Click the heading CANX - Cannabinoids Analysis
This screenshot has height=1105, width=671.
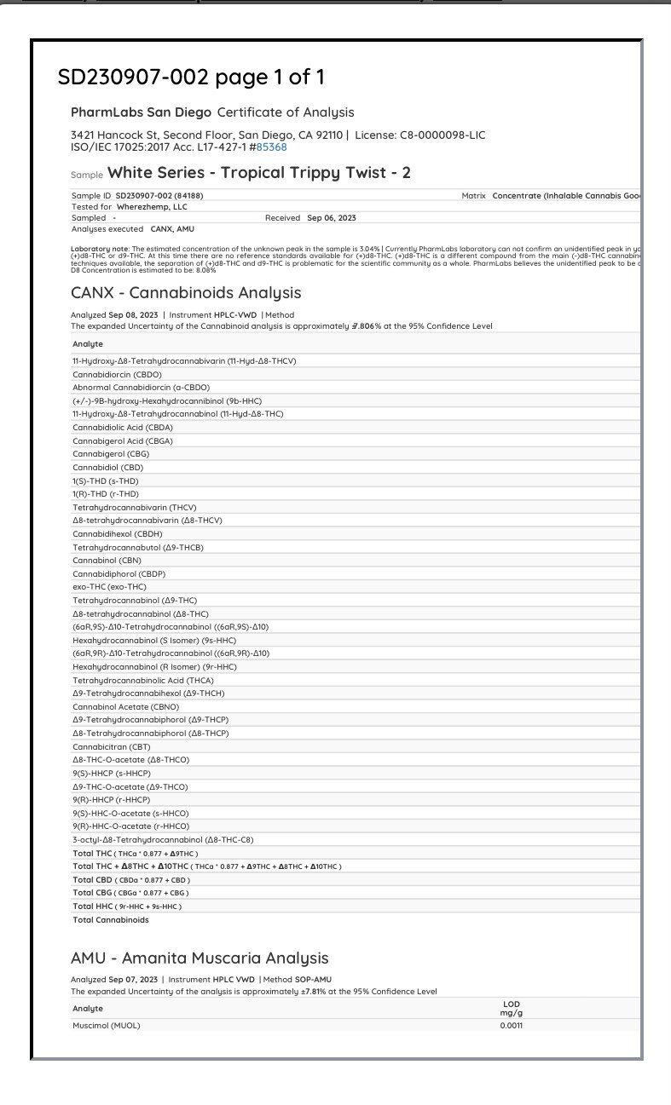(186, 292)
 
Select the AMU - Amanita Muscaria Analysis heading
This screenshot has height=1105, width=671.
(200, 958)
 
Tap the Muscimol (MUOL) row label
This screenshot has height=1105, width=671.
(107, 1025)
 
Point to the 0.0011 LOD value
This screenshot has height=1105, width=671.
(512, 1025)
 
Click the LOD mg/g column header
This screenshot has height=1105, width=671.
(512, 1008)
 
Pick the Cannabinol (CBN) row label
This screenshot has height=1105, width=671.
(107, 561)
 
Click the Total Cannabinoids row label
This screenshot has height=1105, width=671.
(111, 920)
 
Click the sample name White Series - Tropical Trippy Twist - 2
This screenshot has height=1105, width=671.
(259, 173)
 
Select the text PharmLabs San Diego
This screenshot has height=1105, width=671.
(141, 112)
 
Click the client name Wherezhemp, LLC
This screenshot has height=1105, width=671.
(152, 206)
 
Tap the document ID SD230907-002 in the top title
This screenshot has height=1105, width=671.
(133, 78)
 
